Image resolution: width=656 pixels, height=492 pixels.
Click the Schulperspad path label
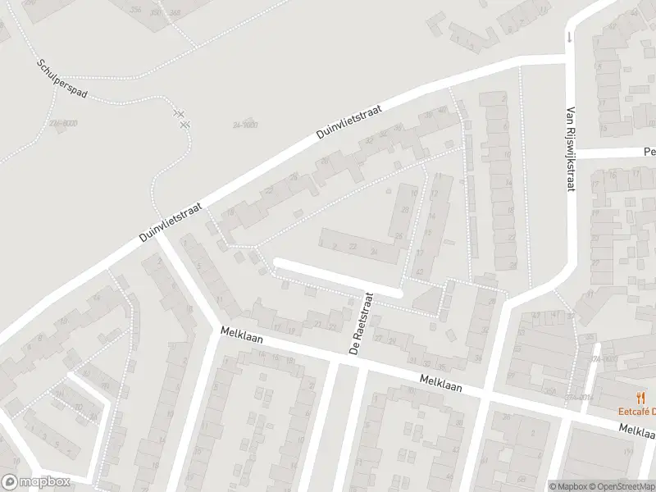coord(61,78)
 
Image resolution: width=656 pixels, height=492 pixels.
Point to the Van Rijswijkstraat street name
coord(571,148)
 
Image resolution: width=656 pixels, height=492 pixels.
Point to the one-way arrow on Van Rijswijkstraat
coord(568,37)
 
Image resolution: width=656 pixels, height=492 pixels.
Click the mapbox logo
coord(36,482)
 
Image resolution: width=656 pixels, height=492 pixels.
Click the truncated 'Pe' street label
coord(649,152)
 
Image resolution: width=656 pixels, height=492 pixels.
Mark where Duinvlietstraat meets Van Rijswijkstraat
coord(567,57)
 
